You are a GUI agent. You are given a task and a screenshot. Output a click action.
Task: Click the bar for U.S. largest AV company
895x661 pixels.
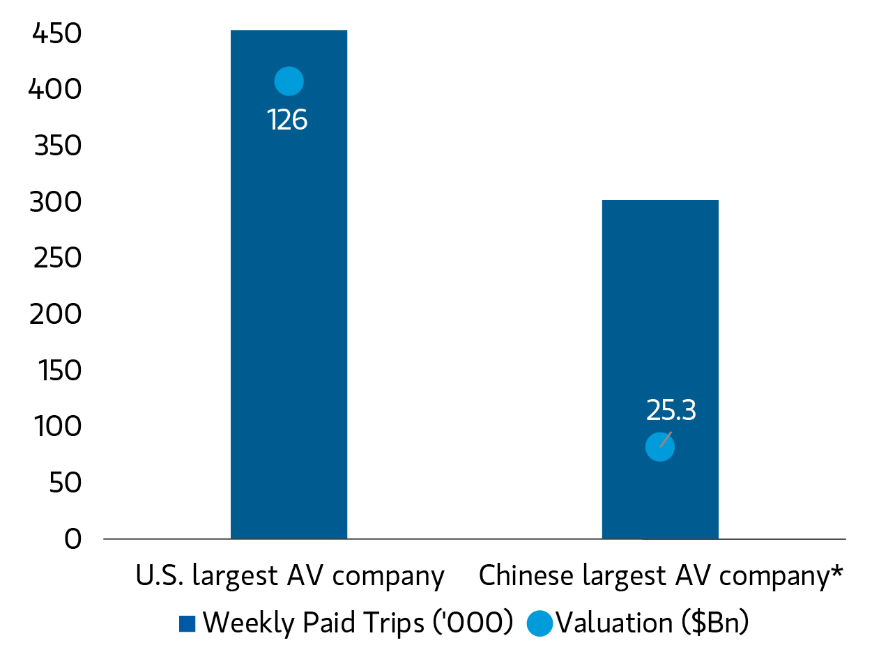pos(289,284)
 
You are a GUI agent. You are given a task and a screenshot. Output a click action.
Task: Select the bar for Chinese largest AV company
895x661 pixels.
pos(660,369)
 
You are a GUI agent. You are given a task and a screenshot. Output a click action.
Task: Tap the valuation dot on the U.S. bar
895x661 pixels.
pos(289,81)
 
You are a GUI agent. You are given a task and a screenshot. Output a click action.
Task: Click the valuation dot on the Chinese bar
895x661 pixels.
pos(660,447)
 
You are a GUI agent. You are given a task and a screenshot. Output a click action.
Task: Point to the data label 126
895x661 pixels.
pos(287,119)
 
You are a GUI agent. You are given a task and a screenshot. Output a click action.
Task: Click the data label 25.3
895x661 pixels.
pos(671,410)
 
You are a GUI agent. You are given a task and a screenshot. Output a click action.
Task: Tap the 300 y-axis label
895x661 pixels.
pos(55,202)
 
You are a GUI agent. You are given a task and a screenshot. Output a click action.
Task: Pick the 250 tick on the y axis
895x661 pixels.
pos(57,258)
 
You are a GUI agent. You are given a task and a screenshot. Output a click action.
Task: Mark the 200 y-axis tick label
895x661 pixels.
pos(55,314)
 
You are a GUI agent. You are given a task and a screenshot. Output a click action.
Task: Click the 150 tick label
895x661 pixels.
pos(60,371)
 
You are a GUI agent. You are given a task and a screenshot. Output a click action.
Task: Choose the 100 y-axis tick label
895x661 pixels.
pos(58,426)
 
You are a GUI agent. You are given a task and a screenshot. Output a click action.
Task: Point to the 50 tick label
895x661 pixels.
pos(65,483)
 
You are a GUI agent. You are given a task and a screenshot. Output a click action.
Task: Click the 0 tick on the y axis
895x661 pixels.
pos(73,539)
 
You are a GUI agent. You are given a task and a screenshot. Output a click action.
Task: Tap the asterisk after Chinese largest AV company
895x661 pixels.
pos(837,570)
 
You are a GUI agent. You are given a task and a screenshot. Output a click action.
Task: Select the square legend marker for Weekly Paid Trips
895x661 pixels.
pos(188,623)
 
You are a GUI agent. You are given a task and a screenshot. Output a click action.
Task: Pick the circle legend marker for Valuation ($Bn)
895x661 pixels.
pos(540,623)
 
